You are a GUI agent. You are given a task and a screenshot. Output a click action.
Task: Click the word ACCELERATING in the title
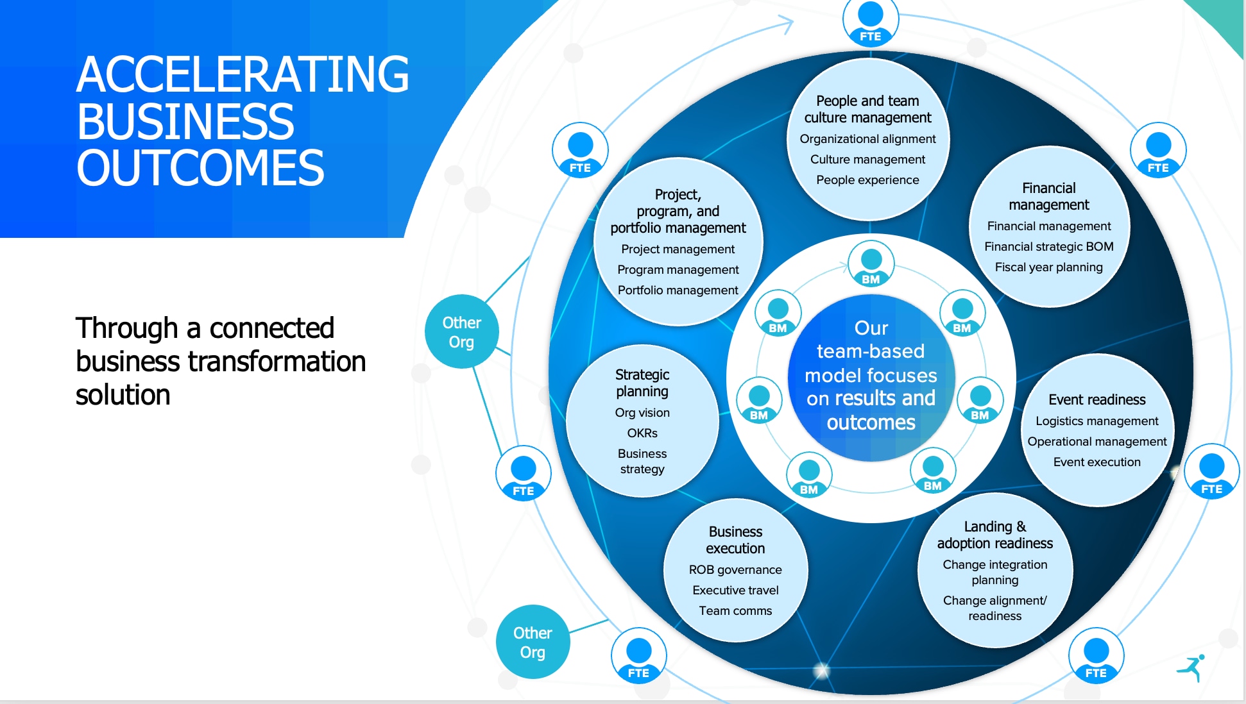[x=243, y=74]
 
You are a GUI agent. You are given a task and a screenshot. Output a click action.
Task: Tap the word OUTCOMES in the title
[x=200, y=168]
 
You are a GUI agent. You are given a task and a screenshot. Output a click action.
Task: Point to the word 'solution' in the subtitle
[x=123, y=395]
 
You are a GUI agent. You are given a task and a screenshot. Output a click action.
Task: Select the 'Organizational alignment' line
[x=867, y=139]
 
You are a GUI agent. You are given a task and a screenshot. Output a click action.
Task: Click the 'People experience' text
[x=867, y=180]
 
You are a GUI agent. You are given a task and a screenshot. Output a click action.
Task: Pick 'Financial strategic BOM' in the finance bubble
[x=1048, y=247]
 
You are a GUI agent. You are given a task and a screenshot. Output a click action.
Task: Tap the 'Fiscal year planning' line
[x=1048, y=267]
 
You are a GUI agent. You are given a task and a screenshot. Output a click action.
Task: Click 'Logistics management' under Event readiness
[x=1097, y=421]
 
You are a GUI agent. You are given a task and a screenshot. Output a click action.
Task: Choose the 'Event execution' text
[x=1097, y=462]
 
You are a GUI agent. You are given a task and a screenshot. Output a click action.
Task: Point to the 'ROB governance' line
[x=735, y=570]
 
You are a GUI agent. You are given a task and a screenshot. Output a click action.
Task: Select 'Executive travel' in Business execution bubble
[x=735, y=591]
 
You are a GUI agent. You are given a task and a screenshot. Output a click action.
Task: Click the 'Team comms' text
[x=735, y=611]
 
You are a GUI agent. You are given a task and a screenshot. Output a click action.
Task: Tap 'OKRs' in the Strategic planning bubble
[x=642, y=433]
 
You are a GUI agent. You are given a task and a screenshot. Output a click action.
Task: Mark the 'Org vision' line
[x=642, y=413]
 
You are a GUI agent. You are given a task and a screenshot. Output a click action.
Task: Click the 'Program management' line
[x=678, y=270]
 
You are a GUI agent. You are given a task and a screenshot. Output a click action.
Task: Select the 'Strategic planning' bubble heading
[x=642, y=383]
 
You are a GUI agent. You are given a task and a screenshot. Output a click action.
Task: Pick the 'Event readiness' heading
[x=1097, y=400]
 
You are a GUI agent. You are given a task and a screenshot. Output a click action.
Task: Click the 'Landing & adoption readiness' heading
[x=994, y=535]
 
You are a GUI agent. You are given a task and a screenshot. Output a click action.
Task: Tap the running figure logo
[x=1191, y=667]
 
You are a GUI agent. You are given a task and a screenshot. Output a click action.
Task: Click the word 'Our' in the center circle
[x=871, y=328]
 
